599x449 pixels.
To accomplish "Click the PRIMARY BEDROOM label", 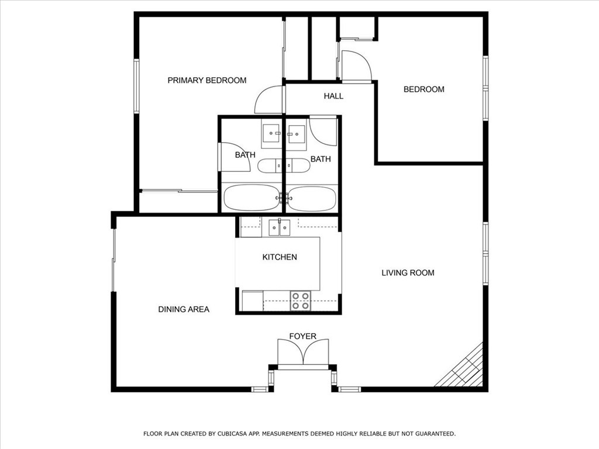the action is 206,80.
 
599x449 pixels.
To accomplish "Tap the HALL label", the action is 333,96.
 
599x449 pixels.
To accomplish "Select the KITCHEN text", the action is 280,257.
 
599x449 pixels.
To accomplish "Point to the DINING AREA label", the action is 184,309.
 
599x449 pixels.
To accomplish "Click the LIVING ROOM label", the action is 408,272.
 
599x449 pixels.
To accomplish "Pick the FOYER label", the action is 302,336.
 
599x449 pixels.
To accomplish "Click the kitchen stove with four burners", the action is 300,301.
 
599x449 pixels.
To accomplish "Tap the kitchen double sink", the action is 279,227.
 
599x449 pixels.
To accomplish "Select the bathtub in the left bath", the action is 252,198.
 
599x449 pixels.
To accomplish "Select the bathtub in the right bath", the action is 312,198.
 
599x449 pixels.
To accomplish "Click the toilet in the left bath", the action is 269,165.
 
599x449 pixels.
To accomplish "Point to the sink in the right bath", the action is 296,134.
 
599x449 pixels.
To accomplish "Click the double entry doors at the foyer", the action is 303,351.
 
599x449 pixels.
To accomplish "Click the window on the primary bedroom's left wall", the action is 136,86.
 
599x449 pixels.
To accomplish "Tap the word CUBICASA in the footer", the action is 232,434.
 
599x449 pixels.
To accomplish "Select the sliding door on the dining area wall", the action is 113,260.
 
